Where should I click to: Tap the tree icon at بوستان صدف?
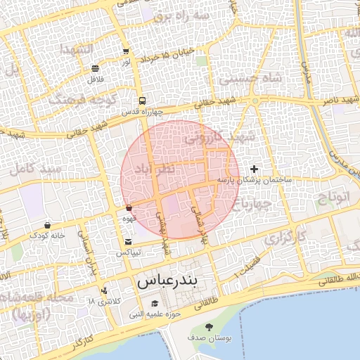point(209,326)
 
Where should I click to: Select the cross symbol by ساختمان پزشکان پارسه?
point(254,169)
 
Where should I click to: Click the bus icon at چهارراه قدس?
point(143,101)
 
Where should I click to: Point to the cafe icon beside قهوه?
point(129,208)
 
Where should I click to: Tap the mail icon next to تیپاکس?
point(127,243)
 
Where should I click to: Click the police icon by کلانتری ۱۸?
point(105,290)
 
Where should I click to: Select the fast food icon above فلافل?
point(95,68)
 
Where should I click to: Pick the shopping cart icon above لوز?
point(126,52)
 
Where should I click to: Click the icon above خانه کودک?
point(47,225)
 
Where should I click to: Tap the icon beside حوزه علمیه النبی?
point(154,304)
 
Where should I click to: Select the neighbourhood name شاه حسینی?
point(250,79)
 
